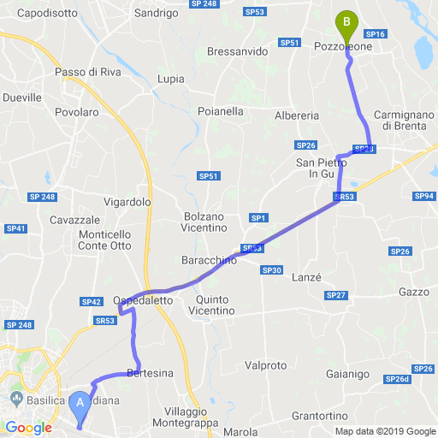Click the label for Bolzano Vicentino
204,222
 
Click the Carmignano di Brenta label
405,120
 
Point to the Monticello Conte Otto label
104,240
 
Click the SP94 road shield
424,197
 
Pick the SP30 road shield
272,270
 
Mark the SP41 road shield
16,228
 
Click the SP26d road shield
398,379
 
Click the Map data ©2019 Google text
385,430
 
